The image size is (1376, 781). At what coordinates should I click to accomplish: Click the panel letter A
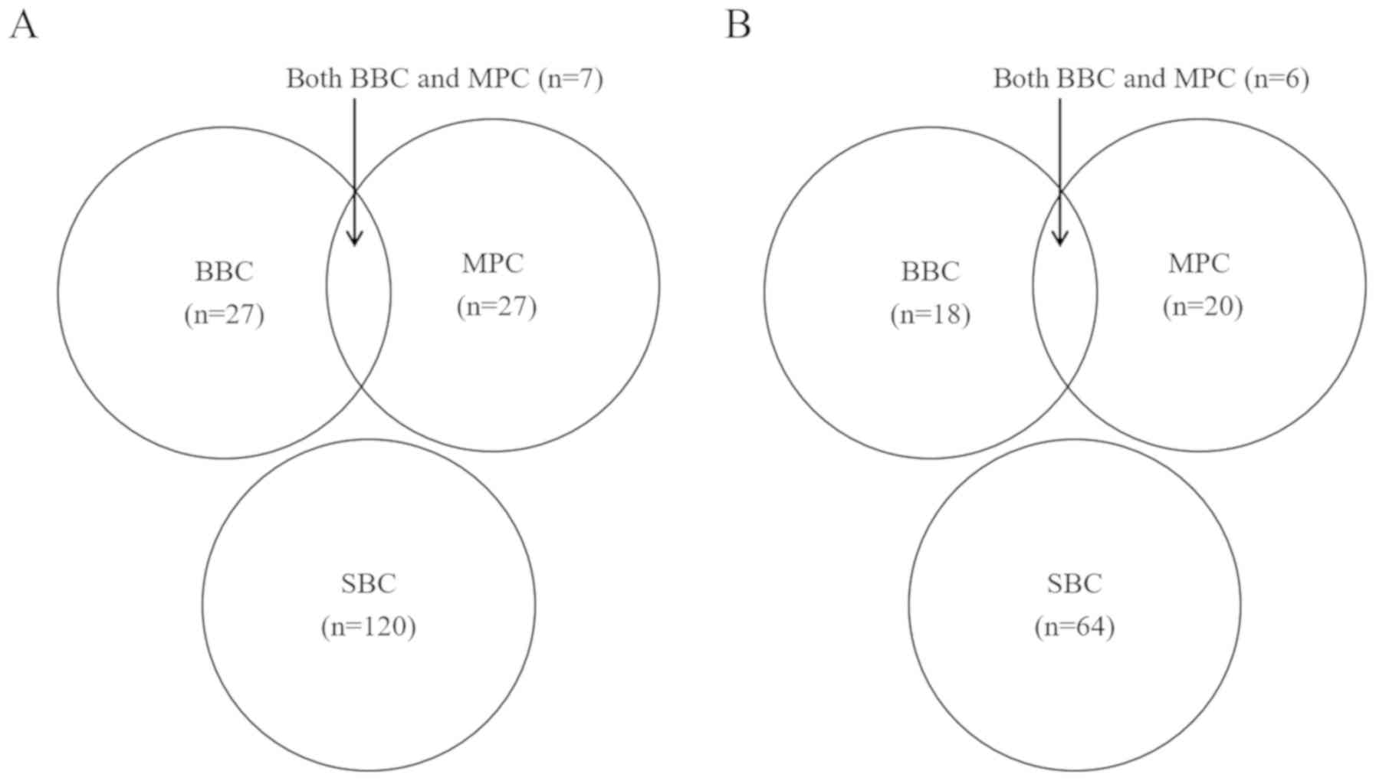pyautogui.click(x=23, y=25)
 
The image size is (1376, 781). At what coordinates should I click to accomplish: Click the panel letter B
pyautogui.click(x=737, y=25)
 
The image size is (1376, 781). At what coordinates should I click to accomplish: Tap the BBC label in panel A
pyautogui.click(x=224, y=272)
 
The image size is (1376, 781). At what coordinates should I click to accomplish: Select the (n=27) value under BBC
pyautogui.click(x=224, y=315)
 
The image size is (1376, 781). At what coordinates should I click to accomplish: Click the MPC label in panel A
pyautogui.click(x=493, y=264)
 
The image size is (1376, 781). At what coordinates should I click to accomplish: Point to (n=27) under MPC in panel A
pyautogui.click(x=497, y=307)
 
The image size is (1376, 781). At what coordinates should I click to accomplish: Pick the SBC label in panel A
pyautogui.click(x=369, y=584)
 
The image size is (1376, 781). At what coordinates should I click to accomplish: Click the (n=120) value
pyautogui.click(x=369, y=627)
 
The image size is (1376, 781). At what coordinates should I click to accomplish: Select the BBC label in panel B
pyautogui.click(x=930, y=272)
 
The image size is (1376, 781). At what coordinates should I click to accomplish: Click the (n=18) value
pyautogui.click(x=930, y=315)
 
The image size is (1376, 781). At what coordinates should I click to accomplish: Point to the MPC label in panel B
pyautogui.click(x=1199, y=264)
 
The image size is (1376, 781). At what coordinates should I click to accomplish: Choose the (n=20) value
pyautogui.click(x=1203, y=307)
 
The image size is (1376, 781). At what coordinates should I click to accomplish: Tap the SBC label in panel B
pyautogui.click(x=1075, y=584)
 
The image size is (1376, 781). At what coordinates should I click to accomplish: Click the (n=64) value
pyautogui.click(x=1075, y=627)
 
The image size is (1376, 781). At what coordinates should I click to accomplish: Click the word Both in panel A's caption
pyautogui.click(x=314, y=79)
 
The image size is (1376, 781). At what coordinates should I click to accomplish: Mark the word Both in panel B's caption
pyautogui.click(x=1021, y=79)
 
